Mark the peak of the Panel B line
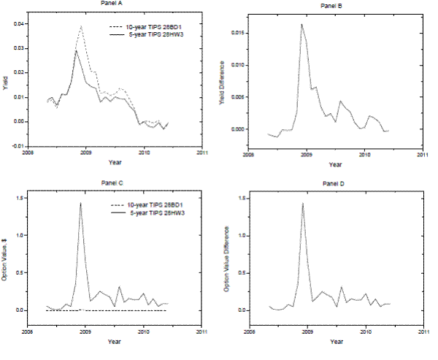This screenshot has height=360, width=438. click(x=301, y=24)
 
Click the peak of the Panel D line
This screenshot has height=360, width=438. click(x=302, y=203)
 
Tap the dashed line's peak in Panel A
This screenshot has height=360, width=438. click(x=81, y=26)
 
